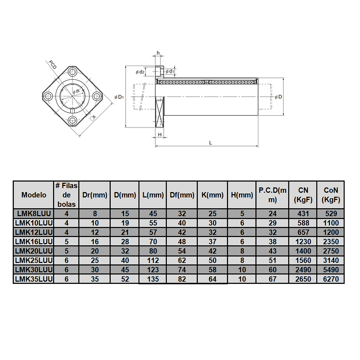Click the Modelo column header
pyautogui.click(x=33, y=195)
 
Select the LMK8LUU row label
pyautogui.click(x=33, y=214)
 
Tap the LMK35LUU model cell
pyautogui.click(x=33, y=279)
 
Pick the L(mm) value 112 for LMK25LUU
pyautogui.click(x=152, y=260)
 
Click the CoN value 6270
pyautogui.click(x=330, y=279)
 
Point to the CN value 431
pyautogui.click(x=302, y=214)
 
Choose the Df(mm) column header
pyautogui.click(x=182, y=195)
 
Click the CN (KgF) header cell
pyautogui.click(x=302, y=195)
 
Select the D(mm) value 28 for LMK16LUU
pyautogui.click(x=124, y=242)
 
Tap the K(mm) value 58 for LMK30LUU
pyautogui.click(x=212, y=270)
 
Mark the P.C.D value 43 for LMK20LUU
pyautogui.click(x=272, y=251)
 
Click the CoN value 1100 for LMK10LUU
pyautogui.click(x=330, y=223)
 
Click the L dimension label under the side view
pyautogui.click(x=210, y=143)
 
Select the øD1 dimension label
pyautogui.click(x=119, y=97)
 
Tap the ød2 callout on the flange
pyautogui.click(x=140, y=72)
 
